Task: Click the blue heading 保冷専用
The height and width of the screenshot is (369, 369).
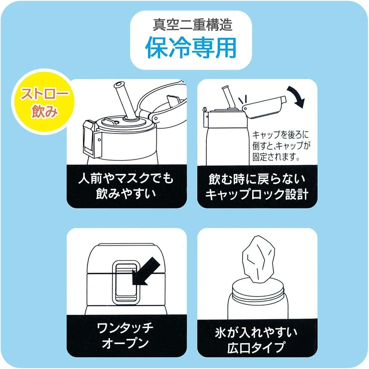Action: (191, 48)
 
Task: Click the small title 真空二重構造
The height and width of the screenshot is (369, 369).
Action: (193, 25)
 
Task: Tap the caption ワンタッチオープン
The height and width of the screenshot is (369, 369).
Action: (125, 335)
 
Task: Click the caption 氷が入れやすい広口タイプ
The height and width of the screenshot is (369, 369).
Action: (256, 340)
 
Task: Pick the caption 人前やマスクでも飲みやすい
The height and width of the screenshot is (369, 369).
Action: (126, 186)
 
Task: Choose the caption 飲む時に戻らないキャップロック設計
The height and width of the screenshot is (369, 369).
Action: (257, 187)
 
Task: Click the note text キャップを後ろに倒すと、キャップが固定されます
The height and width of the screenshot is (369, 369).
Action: (281, 146)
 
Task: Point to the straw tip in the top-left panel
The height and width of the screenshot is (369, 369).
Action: (119, 85)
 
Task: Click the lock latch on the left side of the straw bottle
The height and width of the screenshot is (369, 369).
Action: (92, 139)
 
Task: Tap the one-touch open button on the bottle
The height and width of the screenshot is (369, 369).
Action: (125, 282)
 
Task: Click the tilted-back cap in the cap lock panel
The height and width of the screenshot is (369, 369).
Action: (264, 107)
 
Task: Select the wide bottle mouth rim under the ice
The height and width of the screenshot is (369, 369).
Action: (258, 286)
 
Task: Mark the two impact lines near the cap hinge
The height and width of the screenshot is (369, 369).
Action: (243, 100)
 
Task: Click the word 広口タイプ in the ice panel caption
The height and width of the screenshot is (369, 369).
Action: (256, 347)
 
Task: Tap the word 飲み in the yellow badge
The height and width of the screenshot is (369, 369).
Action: (45, 111)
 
